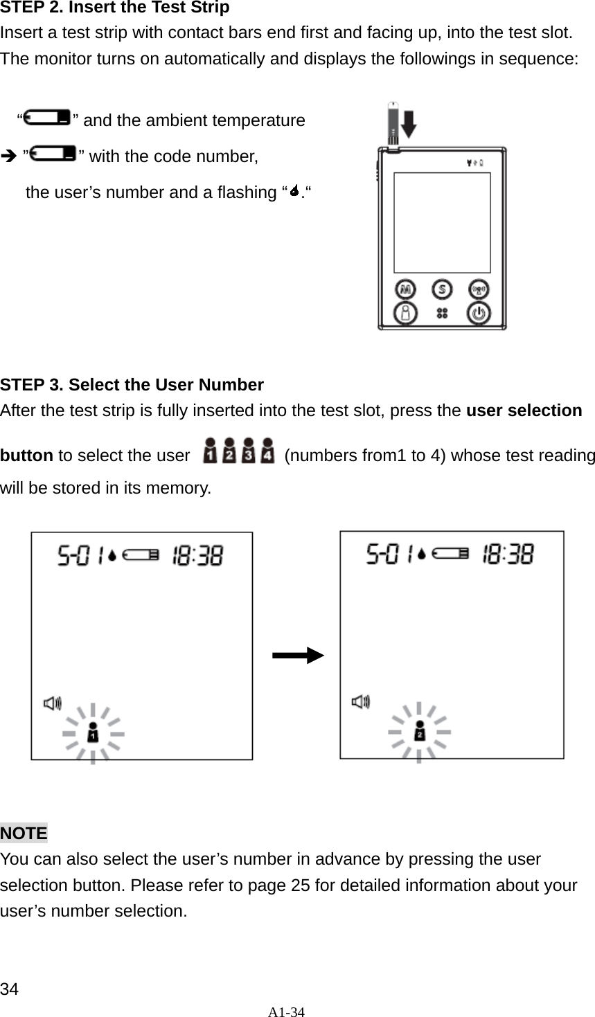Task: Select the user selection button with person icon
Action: click(406, 313)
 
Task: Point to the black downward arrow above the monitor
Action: click(409, 125)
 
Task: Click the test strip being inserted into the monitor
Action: click(393, 125)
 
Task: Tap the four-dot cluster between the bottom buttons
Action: click(442, 314)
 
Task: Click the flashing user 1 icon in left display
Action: click(93, 733)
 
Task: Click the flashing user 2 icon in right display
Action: click(419, 732)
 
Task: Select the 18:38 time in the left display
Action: click(197, 555)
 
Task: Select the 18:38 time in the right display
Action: click(508, 554)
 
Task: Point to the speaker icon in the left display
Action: click(53, 703)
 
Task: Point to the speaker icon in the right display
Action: click(361, 702)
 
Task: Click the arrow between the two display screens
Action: click(297, 655)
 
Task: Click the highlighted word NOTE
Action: click(24, 833)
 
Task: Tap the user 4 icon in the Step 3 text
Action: click(267, 452)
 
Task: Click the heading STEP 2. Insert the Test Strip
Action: click(115, 8)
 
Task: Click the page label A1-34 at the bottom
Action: click(287, 1011)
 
